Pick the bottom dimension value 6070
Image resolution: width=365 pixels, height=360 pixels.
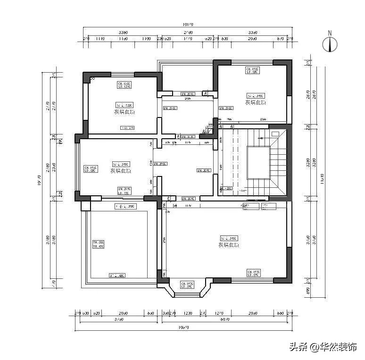tap(225, 319)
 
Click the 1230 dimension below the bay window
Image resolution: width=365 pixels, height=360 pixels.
tap(188, 313)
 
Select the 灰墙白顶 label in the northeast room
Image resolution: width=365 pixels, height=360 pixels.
tap(256, 102)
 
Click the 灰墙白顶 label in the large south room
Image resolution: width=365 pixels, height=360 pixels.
tap(228, 245)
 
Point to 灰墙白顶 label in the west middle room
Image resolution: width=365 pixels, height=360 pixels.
tap(121, 171)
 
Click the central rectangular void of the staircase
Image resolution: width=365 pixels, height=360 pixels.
tap(258, 162)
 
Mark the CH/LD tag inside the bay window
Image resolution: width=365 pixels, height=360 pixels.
tap(187, 285)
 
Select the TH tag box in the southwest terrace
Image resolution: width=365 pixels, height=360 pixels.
tap(98, 244)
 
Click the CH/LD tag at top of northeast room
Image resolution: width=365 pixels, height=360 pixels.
tap(253, 70)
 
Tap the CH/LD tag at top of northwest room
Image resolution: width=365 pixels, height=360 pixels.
tap(124, 85)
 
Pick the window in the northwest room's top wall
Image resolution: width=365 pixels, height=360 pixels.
tap(123, 74)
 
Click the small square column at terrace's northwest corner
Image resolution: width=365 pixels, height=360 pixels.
tap(85, 206)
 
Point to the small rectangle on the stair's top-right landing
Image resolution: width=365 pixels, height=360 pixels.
tap(274, 133)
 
